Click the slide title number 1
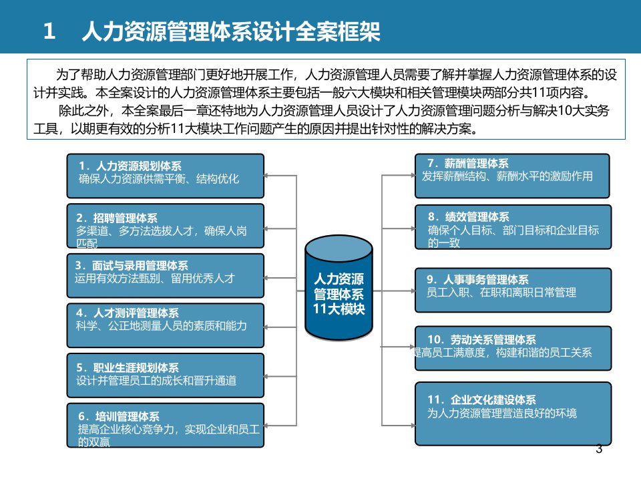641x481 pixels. (49, 31)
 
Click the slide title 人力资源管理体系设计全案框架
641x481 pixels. (231, 31)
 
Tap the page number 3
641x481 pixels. (599, 449)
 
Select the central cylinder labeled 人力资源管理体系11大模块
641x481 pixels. (339, 287)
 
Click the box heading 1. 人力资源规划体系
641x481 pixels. (130, 166)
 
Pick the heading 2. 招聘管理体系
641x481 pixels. (117, 218)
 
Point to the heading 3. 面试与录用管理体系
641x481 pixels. (132, 265)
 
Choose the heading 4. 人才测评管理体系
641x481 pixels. (128, 313)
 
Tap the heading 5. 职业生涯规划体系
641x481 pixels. (128, 367)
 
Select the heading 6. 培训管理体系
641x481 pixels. (119, 416)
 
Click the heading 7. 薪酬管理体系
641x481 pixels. (468, 164)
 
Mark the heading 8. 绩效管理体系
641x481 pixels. (469, 216)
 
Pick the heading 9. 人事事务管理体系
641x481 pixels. (477, 279)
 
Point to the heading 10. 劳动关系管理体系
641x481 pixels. (481, 339)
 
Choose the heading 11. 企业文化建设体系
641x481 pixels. (481, 399)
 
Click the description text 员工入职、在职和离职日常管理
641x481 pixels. (501, 293)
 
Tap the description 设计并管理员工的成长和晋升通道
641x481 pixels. (156, 380)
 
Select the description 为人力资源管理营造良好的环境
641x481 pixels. (502, 413)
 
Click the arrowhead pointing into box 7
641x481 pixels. (413, 175)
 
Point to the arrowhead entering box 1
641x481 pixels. (266, 176)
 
